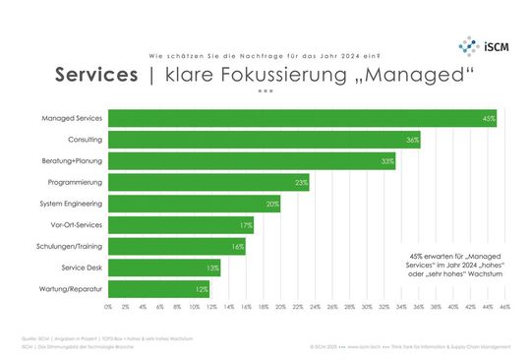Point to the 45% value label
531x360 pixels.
pyautogui.click(x=489, y=119)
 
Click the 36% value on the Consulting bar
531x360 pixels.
pyautogui.click(x=413, y=140)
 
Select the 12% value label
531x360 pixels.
pyautogui.click(x=202, y=289)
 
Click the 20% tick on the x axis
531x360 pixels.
pyautogui.click(x=280, y=307)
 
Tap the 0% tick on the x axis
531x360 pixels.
pyautogui.click(x=108, y=307)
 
